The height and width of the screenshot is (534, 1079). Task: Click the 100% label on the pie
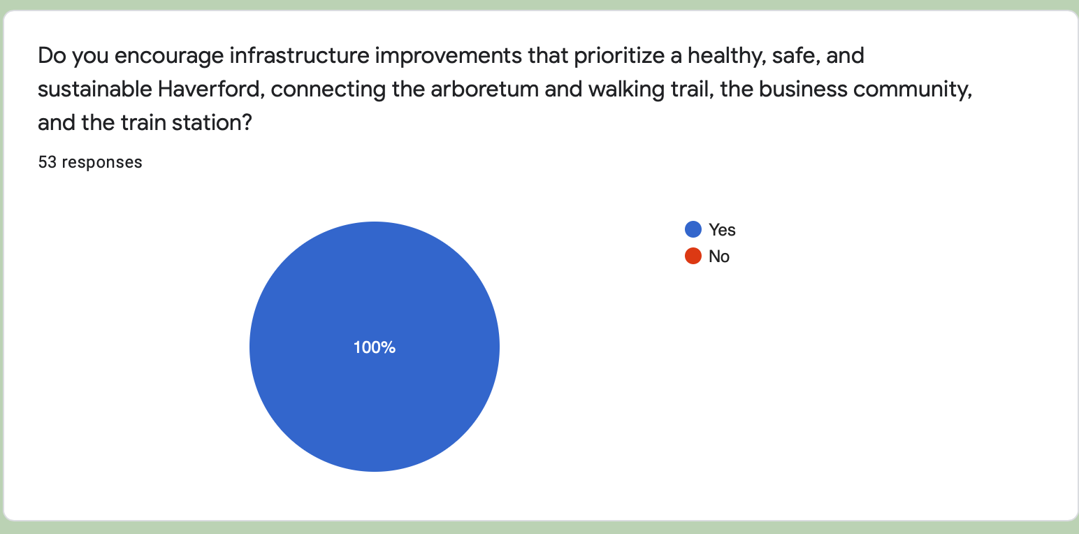click(375, 347)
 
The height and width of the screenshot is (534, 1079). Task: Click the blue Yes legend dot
click(693, 229)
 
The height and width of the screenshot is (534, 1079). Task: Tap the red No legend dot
click(693, 256)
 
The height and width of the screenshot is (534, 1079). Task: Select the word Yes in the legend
click(722, 230)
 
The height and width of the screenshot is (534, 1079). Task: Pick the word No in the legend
click(718, 257)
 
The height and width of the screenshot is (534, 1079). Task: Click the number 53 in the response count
click(48, 162)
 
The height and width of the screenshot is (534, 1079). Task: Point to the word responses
click(101, 163)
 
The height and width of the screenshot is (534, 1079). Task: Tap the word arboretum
click(484, 89)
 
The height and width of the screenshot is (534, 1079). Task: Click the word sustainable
click(95, 89)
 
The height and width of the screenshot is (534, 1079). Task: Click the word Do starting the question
click(52, 55)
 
